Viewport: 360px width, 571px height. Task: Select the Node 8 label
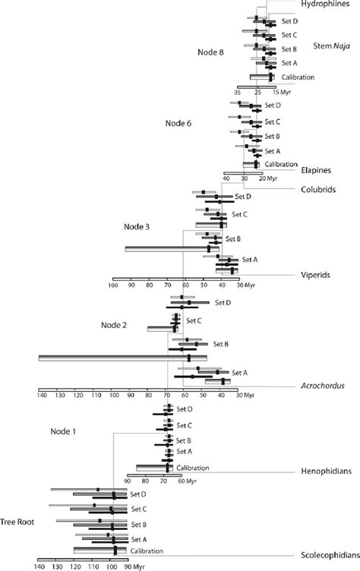(210, 52)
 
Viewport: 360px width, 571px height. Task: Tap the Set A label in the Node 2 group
(240, 372)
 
